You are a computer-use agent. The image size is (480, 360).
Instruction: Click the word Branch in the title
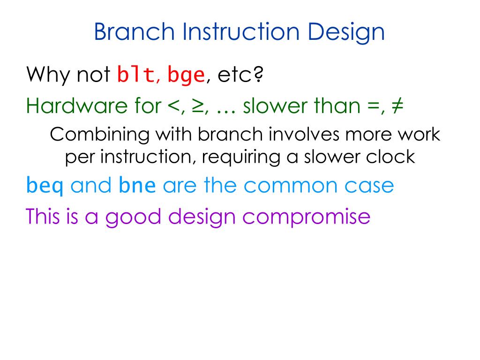point(134,31)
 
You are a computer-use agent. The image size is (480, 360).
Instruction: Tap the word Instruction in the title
point(241,31)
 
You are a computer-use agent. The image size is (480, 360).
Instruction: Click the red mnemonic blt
point(135,75)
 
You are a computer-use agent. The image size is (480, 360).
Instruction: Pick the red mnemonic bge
point(186,76)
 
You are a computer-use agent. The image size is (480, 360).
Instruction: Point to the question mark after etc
point(259,74)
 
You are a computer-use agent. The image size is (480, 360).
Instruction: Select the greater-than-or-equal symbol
point(198,106)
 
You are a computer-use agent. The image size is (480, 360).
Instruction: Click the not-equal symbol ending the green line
point(397,106)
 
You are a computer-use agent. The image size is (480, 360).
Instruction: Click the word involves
point(304,134)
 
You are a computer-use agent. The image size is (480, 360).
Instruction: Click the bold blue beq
point(45,186)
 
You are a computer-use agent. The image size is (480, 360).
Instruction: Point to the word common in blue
point(291,187)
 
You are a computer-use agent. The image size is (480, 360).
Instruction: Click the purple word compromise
point(307,218)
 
